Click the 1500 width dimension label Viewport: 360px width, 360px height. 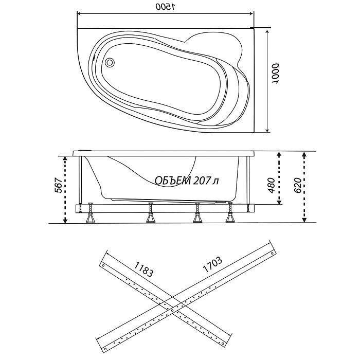(x=165, y=7)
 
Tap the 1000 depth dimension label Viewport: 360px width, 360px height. (x=275, y=74)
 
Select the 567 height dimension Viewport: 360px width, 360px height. (x=59, y=186)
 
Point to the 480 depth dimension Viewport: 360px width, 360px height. (x=271, y=186)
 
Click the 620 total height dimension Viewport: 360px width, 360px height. (x=297, y=186)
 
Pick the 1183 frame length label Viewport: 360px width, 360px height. (x=143, y=269)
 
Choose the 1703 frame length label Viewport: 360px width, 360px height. (x=212, y=264)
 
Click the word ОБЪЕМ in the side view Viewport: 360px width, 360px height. (x=173, y=181)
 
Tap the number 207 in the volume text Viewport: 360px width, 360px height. (x=201, y=181)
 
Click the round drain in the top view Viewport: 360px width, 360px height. (x=110, y=62)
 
